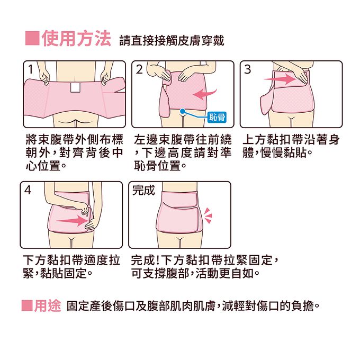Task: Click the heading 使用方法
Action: (76, 39)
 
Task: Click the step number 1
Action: (31, 69)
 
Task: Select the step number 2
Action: (139, 69)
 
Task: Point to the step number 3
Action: (248, 69)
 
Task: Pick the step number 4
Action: (28, 190)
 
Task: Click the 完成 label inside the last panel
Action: (143, 190)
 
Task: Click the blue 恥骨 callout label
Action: (217, 117)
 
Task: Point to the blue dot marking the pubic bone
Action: (183, 111)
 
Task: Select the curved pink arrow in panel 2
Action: (204, 94)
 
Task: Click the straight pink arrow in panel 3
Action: (280, 79)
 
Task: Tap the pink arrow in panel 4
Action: (71, 221)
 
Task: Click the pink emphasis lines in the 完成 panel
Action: (208, 215)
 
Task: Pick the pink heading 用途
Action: (48, 305)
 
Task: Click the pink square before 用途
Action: (27, 305)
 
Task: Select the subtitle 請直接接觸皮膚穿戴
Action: (172, 41)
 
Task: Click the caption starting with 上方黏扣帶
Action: (291, 146)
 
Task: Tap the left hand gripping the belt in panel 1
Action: (45, 77)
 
